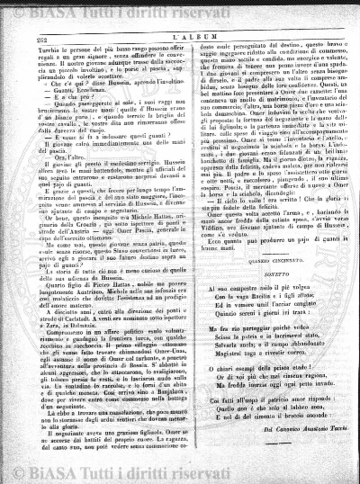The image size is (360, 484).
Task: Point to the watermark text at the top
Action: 180,12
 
